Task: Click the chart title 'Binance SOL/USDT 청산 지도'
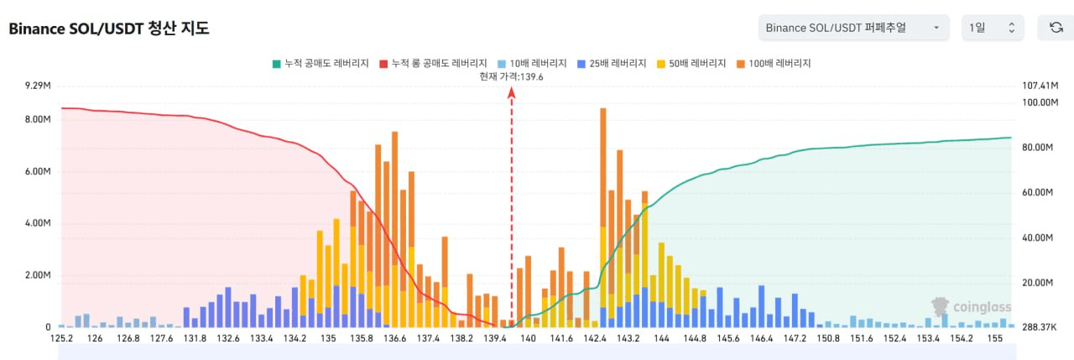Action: [x=109, y=29]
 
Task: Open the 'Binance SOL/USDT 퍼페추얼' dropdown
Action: [x=852, y=28]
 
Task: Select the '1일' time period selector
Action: [x=992, y=28]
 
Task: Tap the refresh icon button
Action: [x=1056, y=28]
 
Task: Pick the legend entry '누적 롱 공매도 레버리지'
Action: [x=433, y=63]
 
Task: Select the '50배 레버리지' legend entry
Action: [x=690, y=63]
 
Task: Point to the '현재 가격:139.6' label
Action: [x=511, y=76]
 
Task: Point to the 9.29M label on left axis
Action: [x=39, y=86]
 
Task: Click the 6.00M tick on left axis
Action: [x=39, y=171]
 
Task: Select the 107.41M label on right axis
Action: [x=1040, y=86]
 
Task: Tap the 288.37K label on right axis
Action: [x=1040, y=327]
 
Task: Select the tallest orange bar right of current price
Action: [x=602, y=168]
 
